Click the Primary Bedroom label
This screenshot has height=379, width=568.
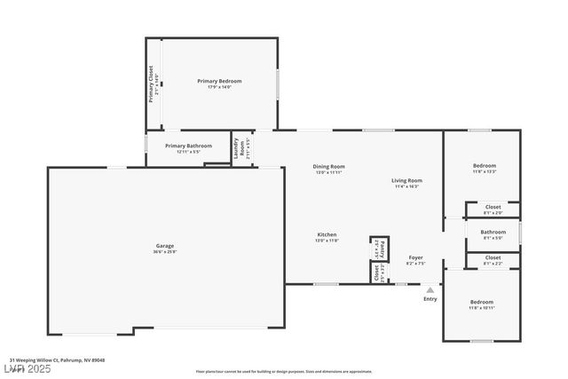click(219, 81)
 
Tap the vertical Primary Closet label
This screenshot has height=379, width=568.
click(152, 83)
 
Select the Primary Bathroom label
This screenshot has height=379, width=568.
click(188, 146)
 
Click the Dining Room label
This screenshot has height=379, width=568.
click(328, 166)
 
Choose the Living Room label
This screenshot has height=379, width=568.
click(406, 180)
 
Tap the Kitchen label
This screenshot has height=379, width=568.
click(327, 234)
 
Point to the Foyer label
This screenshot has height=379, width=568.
click(415, 257)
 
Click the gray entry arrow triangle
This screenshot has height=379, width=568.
click(430, 289)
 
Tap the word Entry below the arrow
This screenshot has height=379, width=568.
click(430, 299)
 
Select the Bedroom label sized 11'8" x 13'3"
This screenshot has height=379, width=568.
click(484, 166)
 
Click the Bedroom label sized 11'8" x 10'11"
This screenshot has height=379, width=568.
click(482, 303)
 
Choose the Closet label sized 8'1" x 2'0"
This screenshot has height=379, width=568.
click(493, 207)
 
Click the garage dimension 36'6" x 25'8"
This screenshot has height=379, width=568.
click(165, 252)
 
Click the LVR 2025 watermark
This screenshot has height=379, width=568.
click(26, 367)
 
